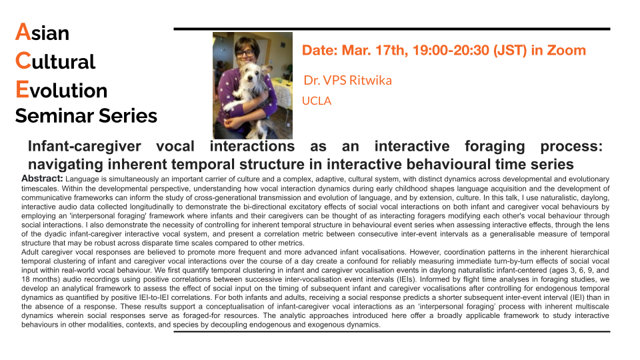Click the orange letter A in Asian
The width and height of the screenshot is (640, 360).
click(x=23, y=32)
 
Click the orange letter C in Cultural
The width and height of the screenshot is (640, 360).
click(x=23, y=61)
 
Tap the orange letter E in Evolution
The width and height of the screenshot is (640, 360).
click(x=22, y=89)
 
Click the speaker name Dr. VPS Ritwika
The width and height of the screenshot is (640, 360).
click(x=347, y=81)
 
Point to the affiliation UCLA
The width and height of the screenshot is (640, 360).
click(x=316, y=101)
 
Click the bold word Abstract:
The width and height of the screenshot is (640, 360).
click(x=42, y=179)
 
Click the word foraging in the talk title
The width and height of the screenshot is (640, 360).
click(x=495, y=147)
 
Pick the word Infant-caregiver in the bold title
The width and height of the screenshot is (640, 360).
click(x=84, y=146)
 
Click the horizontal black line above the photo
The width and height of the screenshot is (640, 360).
click(x=392, y=29)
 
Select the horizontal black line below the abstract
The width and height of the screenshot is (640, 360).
click(x=392, y=332)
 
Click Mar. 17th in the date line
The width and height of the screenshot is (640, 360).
click(x=375, y=50)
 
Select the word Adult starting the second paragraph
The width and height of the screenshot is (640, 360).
click(x=30, y=252)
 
